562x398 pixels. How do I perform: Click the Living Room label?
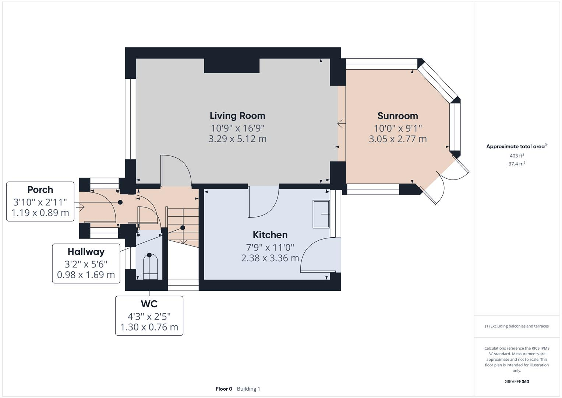[237, 116]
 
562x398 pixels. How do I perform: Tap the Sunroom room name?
[397, 116]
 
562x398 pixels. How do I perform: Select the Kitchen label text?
[270, 235]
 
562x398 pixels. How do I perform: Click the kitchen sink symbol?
[321, 214]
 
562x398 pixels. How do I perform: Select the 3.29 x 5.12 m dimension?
[237, 139]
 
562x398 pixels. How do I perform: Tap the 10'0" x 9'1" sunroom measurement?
[397, 128]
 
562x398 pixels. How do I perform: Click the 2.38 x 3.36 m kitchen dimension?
[270, 258]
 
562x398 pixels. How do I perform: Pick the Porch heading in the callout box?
[40, 190]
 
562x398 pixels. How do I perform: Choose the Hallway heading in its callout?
[86, 252]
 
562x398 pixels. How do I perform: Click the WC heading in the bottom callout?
[149, 304]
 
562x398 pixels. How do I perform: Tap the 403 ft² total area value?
[517, 156]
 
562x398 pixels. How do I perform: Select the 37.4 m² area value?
[517, 164]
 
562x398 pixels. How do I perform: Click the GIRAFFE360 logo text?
[517, 381]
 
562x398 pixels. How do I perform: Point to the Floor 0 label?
[224, 389]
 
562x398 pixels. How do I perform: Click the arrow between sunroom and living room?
[341, 124]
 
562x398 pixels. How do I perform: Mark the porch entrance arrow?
[80, 207]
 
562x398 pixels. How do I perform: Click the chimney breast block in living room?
[232, 66]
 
